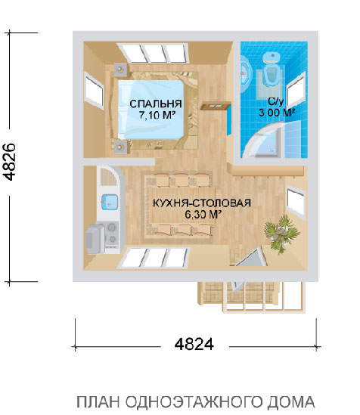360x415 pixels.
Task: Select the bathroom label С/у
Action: pos(275,101)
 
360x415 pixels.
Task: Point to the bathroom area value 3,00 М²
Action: pos(275,112)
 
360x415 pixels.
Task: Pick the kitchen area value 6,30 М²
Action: pos(202,215)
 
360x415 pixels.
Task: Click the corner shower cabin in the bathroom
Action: pos(270,144)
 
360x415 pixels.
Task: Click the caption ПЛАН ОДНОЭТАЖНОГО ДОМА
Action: pos(195,401)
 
